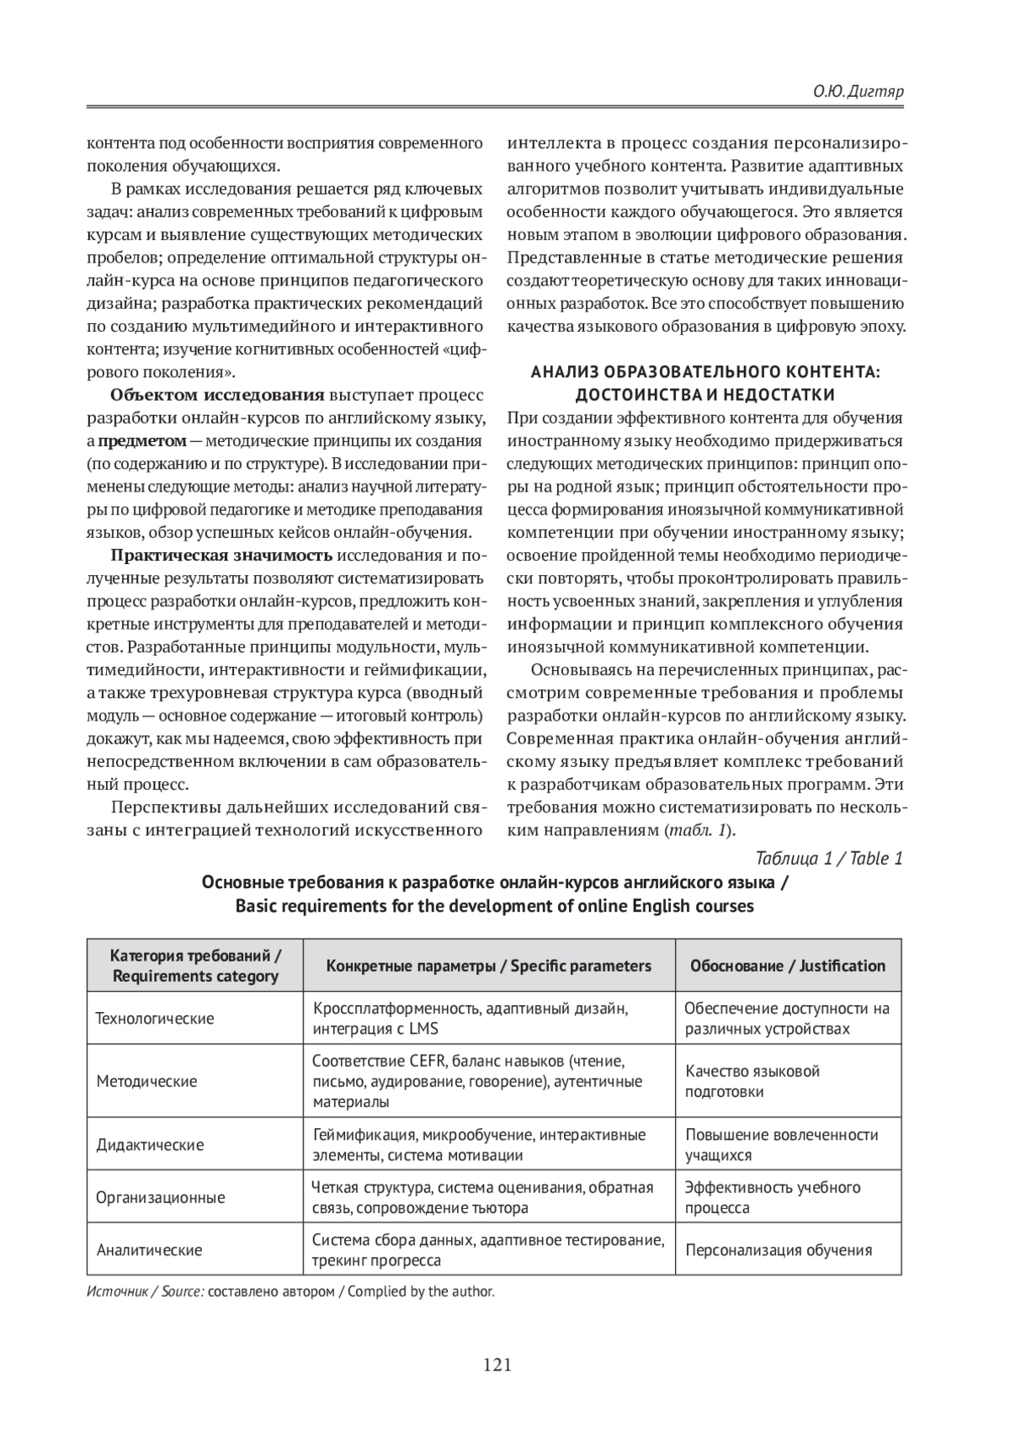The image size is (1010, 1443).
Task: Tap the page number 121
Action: pyautogui.click(x=497, y=1365)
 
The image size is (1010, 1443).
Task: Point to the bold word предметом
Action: pyautogui.click(x=142, y=440)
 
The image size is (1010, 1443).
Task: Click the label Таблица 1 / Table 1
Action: pyautogui.click(x=829, y=859)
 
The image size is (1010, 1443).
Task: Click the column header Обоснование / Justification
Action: pyautogui.click(x=788, y=966)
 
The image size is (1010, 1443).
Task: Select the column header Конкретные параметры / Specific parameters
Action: pyautogui.click(x=488, y=966)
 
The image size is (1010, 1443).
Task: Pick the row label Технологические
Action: pyautogui.click(x=155, y=1018)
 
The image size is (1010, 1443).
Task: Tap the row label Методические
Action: pyautogui.click(x=146, y=1081)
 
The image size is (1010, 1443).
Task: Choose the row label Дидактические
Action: pyautogui.click(x=150, y=1145)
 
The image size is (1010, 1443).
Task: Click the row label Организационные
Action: pyautogui.click(x=160, y=1197)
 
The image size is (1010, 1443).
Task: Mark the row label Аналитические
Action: pyautogui.click(x=149, y=1250)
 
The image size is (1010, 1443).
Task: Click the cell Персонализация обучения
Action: pyautogui.click(x=779, y=1250)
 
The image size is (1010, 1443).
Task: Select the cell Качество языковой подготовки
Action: pyautogui.click(x=752, y=1081)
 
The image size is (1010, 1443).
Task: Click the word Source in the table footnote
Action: pyautogui.click(x=183, y=1291)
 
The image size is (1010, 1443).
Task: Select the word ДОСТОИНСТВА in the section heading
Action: pyautogui.click(x=622, y=395)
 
